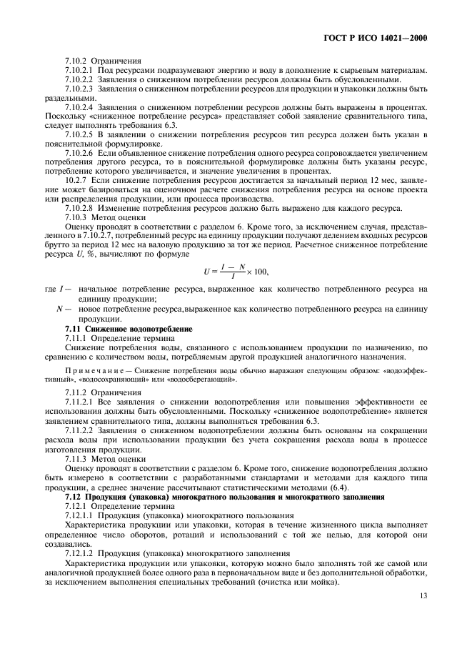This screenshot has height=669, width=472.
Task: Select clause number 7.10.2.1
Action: (x=79, y=70)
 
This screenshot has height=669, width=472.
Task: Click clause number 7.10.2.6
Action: (x=79, y=153)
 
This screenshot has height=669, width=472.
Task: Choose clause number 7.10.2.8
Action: (x=79, y=208)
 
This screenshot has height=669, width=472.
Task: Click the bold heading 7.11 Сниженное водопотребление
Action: (x=118, y=327)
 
